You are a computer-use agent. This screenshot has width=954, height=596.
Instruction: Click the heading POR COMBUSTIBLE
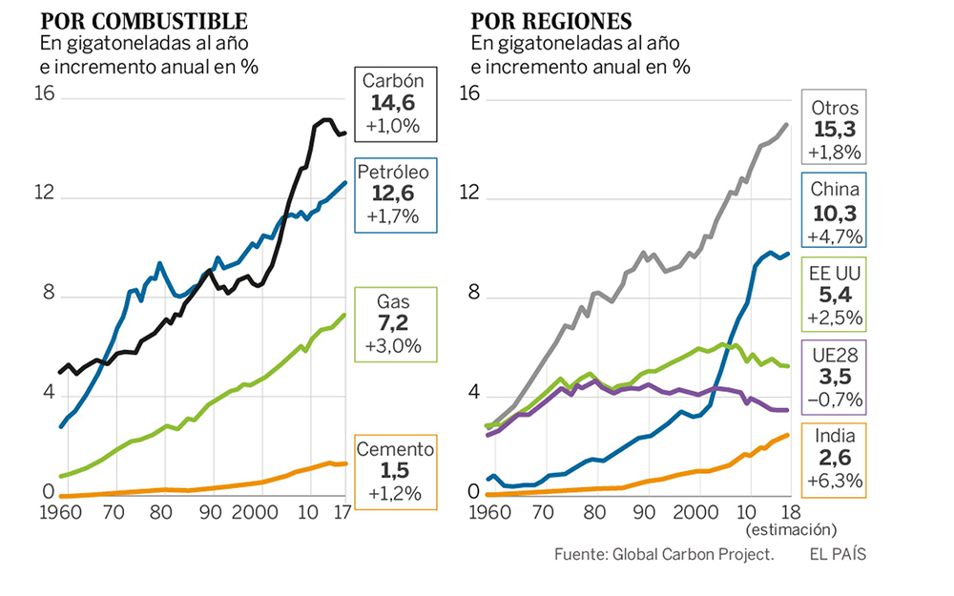144,21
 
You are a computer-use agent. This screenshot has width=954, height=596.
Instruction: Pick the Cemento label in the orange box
394,449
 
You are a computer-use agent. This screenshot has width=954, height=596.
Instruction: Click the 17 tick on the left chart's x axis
341,512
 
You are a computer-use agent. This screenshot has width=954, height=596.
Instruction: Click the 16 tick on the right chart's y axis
468,93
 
